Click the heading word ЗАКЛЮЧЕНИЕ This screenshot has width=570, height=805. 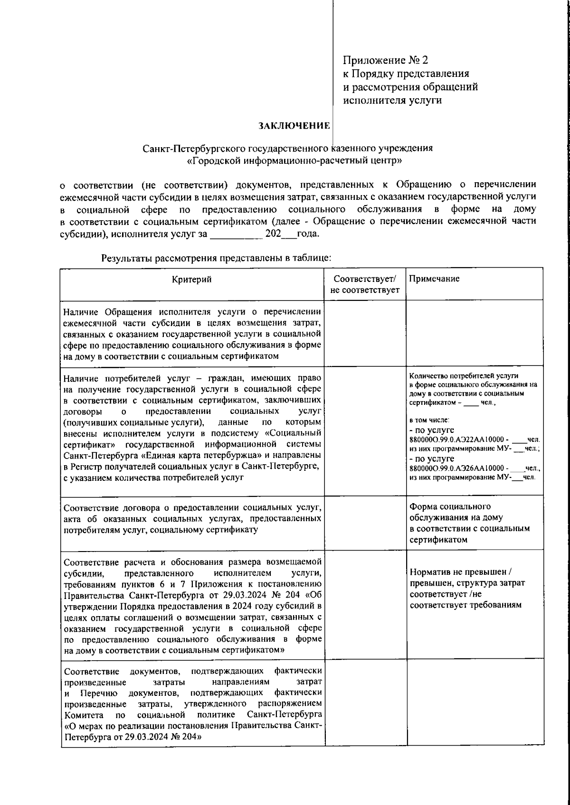click(294, 126)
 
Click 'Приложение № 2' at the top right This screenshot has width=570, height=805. click(386, 60)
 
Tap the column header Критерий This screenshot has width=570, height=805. click(191, 279)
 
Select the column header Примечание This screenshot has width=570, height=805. click(434, 279)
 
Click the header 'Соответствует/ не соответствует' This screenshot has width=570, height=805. click(365, 284)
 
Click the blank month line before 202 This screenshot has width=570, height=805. click(236, 234)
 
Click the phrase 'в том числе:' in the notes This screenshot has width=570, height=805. click(426, 421)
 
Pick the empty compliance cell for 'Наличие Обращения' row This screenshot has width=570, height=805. click(365, 333)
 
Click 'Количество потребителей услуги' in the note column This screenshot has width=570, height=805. click(463, 375)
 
